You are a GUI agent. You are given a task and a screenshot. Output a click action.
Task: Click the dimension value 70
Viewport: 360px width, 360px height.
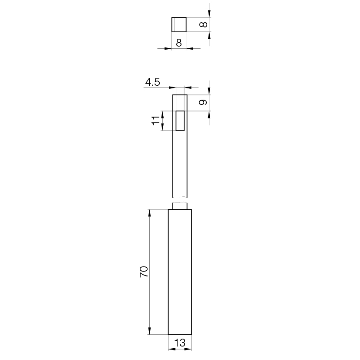click(x=144, y=272)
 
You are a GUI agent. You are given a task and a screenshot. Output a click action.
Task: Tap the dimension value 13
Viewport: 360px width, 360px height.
click(x=180, y=343)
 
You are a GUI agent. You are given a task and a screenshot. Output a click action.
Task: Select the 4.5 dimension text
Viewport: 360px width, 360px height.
click(x=152, y=82)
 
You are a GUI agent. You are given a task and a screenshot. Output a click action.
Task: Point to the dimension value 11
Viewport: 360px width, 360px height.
click(x=155, y=120)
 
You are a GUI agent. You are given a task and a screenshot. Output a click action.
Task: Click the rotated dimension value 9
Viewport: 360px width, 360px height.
click(x=203, y=102)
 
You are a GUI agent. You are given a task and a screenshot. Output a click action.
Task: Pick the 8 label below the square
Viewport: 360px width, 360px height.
click(x=178, y=43)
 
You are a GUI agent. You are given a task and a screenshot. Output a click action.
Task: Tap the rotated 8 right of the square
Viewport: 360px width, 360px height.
click(x=203, y=24)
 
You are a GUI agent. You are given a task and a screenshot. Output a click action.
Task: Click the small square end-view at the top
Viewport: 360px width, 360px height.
click(x=179, y=24)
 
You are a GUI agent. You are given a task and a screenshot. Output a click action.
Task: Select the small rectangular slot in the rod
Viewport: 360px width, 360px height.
click(x=180, y=121)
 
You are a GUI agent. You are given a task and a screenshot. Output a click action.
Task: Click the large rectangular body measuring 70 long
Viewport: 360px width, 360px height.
click(x=180, y=272)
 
